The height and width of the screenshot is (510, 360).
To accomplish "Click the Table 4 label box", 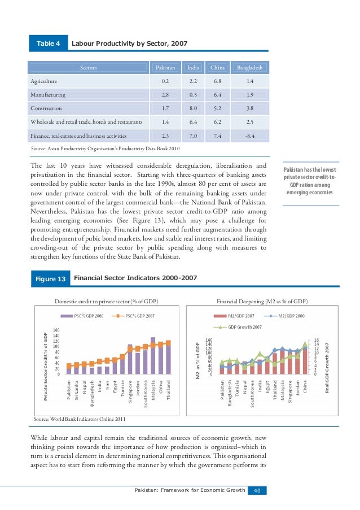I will tap(48, 43).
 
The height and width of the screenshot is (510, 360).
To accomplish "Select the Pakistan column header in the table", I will tap(162, 68).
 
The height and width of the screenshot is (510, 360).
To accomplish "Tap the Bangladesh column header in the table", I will tap(250, 68).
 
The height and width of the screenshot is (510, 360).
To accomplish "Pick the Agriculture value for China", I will tap(217, 81).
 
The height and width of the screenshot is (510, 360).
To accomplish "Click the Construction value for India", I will tap(192, 108).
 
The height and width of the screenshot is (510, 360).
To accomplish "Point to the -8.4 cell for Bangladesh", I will tap(250, 135).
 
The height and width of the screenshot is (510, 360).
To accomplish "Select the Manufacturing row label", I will tap(48, 95).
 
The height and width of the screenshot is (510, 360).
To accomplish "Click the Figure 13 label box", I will tap(50, 279).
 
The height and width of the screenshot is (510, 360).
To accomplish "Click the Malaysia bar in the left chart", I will tap(153, 349).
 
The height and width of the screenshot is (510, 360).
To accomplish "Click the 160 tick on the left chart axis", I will tap(56, 330).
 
